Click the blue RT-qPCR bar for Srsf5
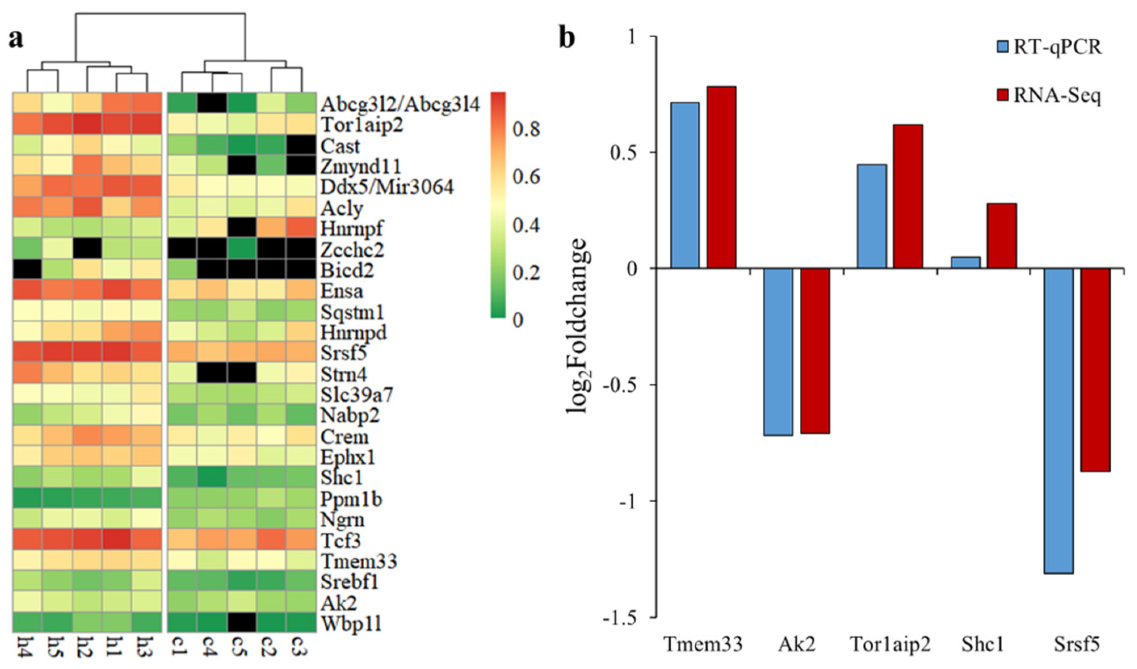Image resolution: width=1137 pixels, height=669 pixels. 1059,421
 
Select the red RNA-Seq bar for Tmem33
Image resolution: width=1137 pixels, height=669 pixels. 721,177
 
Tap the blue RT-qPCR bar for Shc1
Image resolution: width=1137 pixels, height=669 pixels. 966,262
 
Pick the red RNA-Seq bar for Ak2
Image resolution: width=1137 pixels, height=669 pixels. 815,351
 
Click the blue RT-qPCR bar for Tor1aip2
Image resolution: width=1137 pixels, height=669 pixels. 872,216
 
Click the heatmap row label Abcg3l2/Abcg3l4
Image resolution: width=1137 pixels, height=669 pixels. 400,105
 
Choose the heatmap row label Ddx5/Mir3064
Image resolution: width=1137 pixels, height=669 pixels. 387,186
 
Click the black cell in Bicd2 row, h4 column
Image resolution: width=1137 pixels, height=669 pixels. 27,270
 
